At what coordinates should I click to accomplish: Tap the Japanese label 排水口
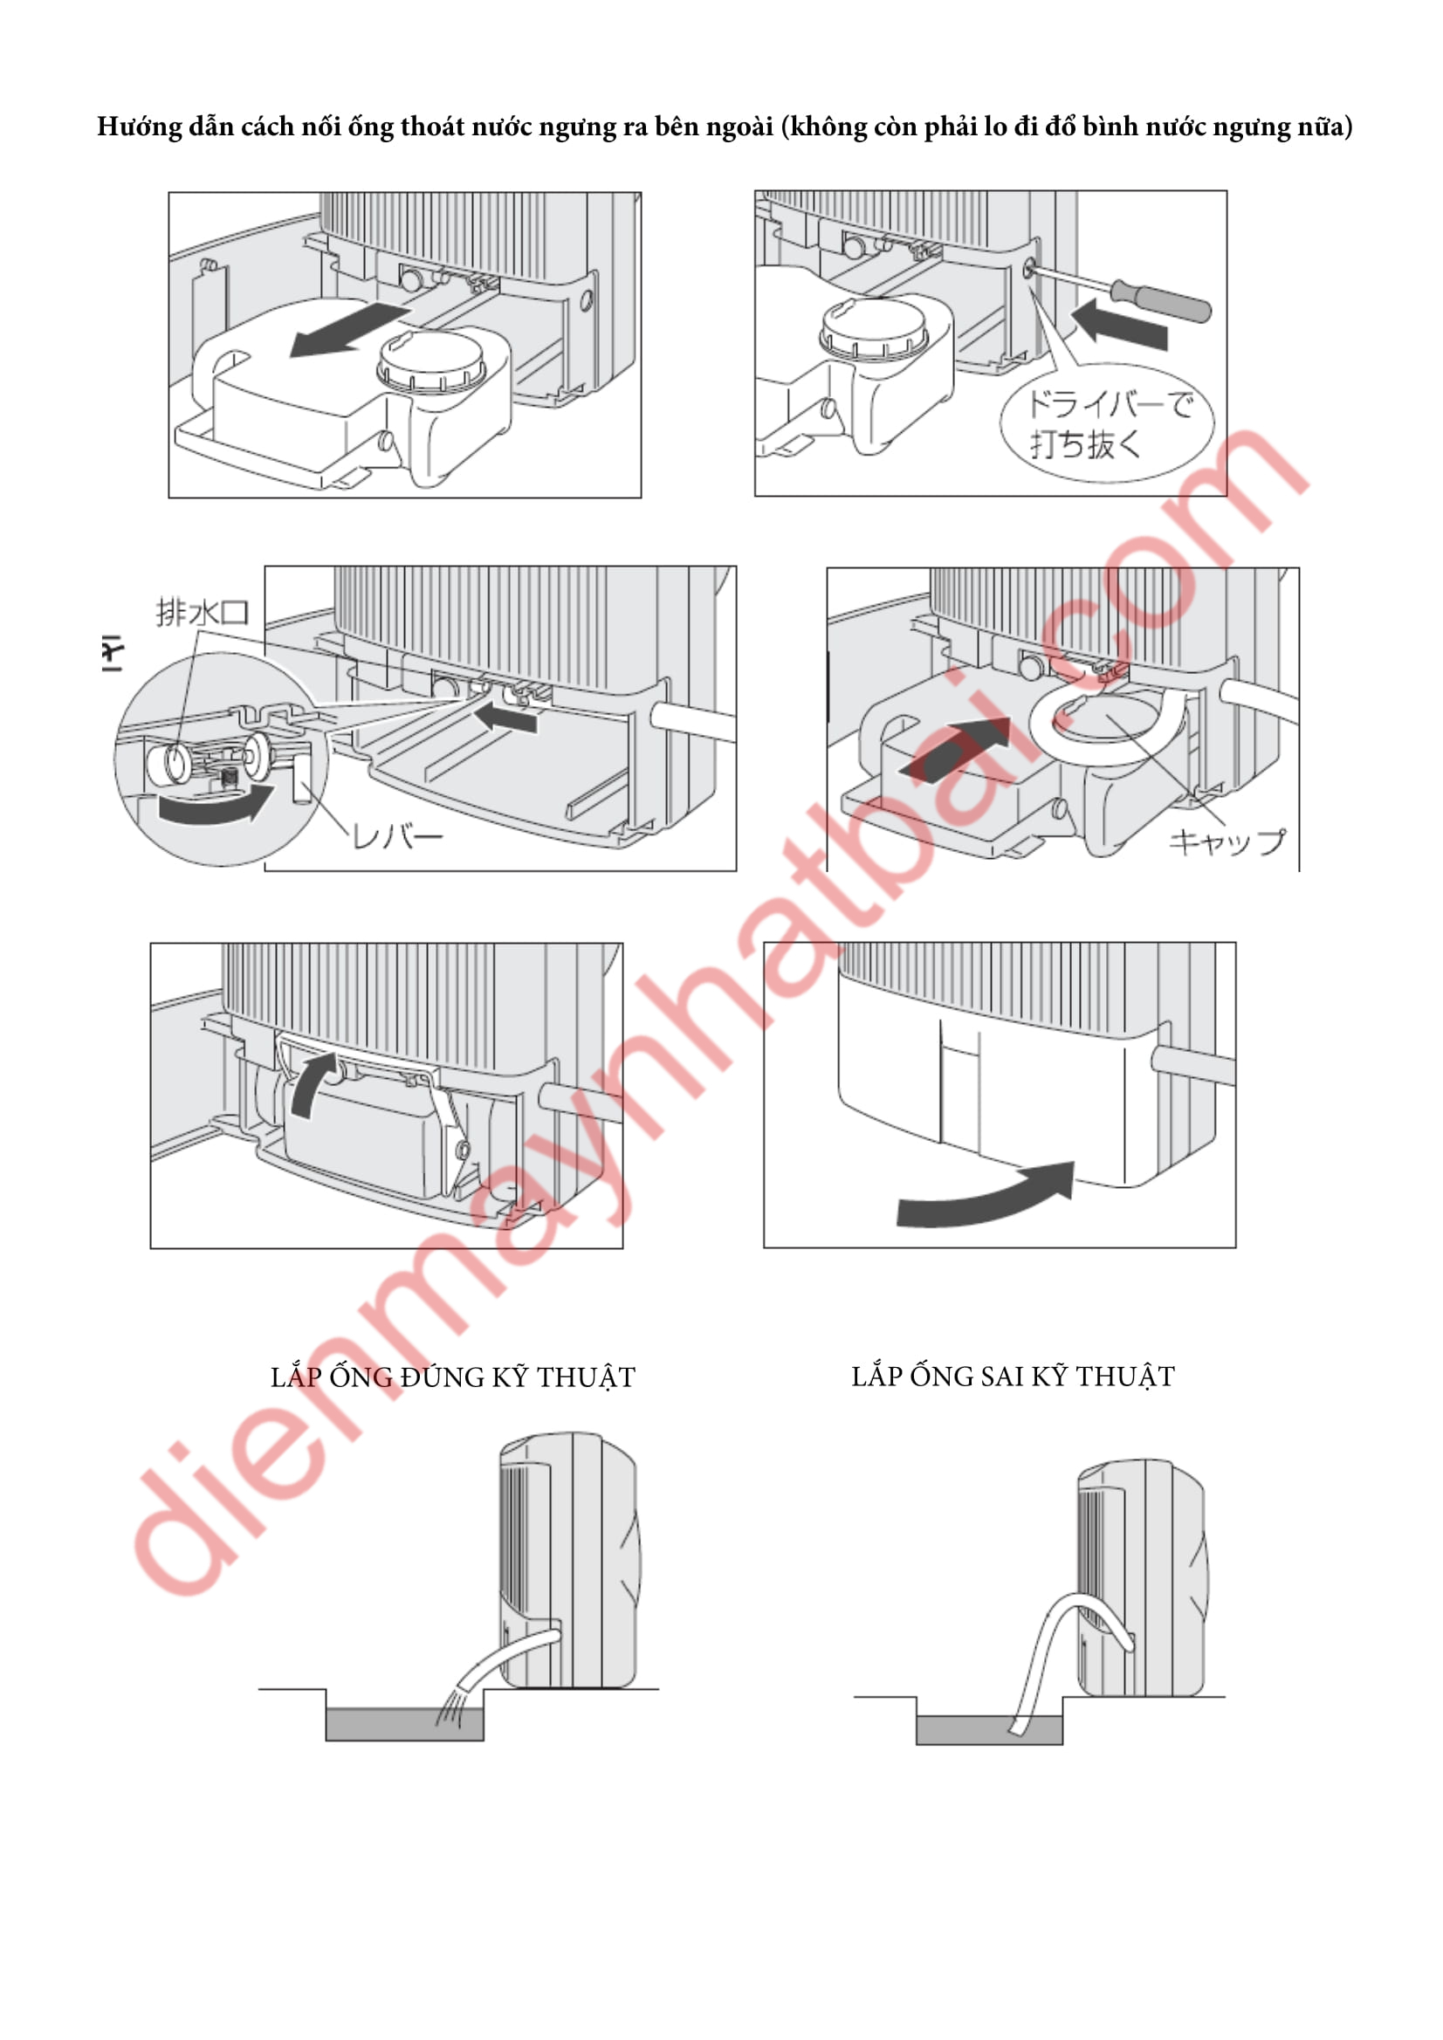pyautogui.click(x=203, y=612)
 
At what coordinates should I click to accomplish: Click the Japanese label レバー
pyautogui.click(x=397, y=836)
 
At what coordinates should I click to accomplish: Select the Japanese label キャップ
pyautogui.click(x=1227, y=841)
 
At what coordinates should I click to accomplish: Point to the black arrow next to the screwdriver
pyautogui.click(x=1119, y=323)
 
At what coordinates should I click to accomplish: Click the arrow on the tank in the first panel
pyautogui.click(x=350, y=329)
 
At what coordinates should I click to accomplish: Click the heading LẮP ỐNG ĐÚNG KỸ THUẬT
pyautogui.click(x=453, y=1377)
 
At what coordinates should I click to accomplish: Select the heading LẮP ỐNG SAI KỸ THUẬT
pyautogui.click(x=1013, y=1377)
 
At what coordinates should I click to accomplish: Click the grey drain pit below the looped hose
pyautogui.click(x=990, y=1729)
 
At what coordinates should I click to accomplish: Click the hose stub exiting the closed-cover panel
pyautogui.click(x=1193, y=1064)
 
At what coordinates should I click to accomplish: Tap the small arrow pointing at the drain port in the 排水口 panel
pyautogui.click(x=505, y=716)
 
